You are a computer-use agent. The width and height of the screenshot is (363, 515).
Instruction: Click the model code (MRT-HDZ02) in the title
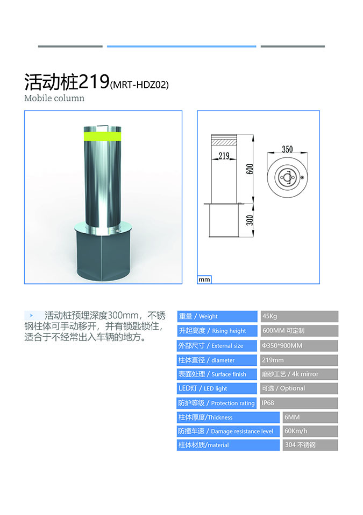click(139, 85)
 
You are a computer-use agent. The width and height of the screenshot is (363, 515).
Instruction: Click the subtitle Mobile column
click(54, 98)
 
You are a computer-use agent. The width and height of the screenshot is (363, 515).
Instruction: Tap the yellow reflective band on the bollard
click(102, 135)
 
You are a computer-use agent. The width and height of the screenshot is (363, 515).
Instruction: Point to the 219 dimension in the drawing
click(224, 156)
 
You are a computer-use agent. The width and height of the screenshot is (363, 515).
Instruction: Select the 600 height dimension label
click(250, 169)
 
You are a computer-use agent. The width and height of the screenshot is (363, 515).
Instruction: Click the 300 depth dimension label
click(250, 220)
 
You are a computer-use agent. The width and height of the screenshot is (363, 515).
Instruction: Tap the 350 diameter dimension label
click(287, 149)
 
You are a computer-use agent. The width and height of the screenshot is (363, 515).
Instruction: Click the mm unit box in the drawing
click(204, 280)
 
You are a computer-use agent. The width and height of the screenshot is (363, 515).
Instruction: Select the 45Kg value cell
click(300, 316)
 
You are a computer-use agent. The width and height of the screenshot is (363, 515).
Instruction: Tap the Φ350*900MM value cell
click(300, 345)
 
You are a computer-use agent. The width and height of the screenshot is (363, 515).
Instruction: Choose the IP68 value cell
click(300, 403)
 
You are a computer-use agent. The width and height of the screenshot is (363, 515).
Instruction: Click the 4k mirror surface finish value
click(305, 374)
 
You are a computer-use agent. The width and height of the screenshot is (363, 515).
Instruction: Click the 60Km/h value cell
click(310, 431)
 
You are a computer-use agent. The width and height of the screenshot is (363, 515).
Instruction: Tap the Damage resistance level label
click(242, 432)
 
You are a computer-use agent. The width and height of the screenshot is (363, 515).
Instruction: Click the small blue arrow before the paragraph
click(31, 316)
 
